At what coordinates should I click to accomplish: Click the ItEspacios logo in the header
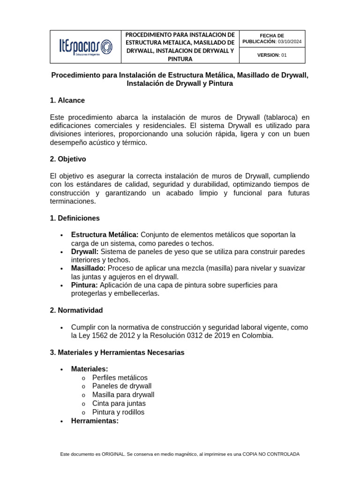85,47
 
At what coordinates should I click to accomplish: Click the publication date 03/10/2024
290,42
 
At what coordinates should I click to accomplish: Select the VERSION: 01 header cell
272,55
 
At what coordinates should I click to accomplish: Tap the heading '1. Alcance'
67,100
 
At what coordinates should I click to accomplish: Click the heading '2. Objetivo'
68,159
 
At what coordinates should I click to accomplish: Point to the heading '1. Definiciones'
75,218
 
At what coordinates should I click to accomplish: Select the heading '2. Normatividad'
76,310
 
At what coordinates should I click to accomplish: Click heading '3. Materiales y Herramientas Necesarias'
117,352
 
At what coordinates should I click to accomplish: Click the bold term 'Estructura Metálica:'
105,234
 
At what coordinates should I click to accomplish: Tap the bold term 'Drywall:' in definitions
84,252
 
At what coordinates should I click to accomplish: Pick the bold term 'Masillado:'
88,268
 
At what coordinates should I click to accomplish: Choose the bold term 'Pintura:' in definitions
84,285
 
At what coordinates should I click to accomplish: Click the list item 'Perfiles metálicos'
120,378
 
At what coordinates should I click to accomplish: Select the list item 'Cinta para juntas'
119,404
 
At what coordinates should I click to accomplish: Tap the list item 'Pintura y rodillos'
118,412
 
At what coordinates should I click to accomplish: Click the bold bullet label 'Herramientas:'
95,421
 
